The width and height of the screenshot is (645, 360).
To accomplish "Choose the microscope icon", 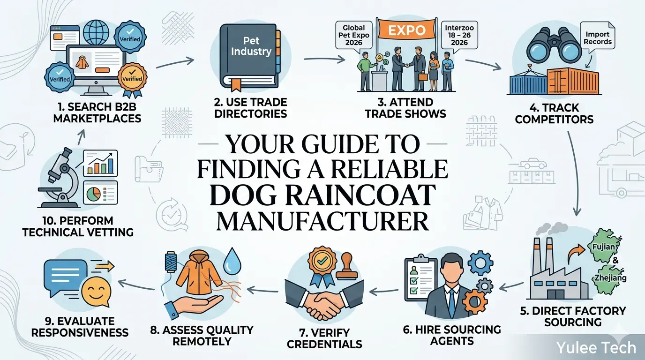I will click(x=59, y=180).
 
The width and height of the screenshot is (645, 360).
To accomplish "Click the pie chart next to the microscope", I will click(x=94, y=193).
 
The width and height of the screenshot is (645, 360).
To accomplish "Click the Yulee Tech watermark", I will click(x=595, y=347).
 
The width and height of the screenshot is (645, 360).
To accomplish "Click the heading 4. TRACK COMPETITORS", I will click(x=554, y=113).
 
